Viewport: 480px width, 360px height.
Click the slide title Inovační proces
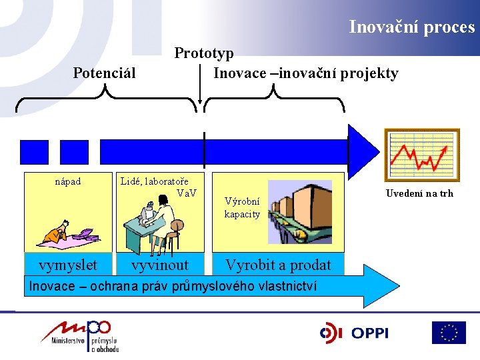coord(411,27)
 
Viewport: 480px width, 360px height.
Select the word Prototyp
coord(204,53)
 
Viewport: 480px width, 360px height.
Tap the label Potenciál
coord(104,72)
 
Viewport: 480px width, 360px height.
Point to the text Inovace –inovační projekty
coord(305,73)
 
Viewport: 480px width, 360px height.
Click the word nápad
coord(67,181)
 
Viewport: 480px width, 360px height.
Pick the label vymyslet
coord(68,265)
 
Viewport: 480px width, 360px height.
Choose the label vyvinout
coord(160,265)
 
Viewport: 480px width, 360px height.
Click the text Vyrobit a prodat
coord(278,265)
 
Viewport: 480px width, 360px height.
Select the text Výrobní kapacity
coord(243,207)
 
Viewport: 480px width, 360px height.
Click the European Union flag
coord(449,333)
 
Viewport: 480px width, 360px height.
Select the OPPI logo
coord(354,333)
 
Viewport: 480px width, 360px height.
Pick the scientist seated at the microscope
coord(158,223)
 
